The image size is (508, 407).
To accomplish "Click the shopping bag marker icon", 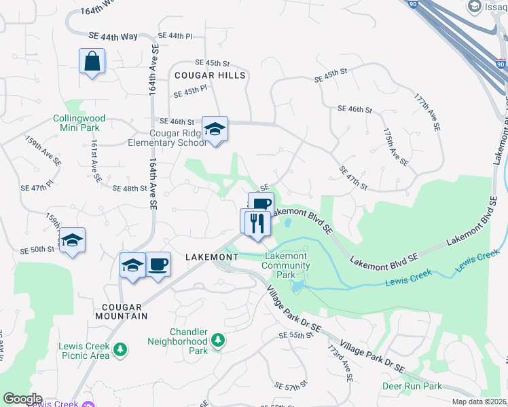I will coord(91,62).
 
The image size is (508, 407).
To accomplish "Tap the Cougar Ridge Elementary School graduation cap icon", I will coord(215,129).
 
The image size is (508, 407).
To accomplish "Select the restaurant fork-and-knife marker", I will coord(256,223).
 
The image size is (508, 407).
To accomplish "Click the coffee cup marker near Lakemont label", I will coord(158,264).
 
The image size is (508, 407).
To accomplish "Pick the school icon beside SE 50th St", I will coord(72,240).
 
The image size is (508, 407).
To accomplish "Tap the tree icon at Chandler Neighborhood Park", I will coord(218,339).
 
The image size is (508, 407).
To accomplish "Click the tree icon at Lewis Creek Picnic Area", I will coord(120,349).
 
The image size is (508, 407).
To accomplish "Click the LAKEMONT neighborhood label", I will coord(212,258).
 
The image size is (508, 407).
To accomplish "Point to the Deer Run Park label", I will coord(412,386).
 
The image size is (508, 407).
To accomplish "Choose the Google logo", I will coord(22,399).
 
